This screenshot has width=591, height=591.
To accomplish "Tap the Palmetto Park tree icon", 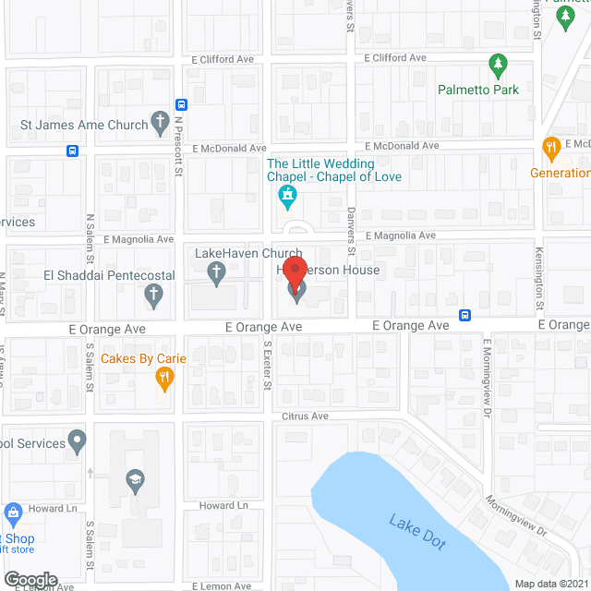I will coord(498,66).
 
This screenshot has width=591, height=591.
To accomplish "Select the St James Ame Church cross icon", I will coord(160,123).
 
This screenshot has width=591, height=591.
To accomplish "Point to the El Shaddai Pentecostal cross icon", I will coord(154,295).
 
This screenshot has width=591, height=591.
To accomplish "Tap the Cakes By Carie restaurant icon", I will coord(164,376).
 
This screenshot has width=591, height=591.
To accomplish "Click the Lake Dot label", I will coord(417,533).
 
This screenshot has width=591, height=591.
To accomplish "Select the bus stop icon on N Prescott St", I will coord(181,104).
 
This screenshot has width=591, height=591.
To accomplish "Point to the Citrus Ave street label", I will coord(307,416).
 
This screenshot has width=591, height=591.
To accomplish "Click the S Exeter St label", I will coord(266,365).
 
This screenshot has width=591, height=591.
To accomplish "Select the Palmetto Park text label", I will coord(478,90).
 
